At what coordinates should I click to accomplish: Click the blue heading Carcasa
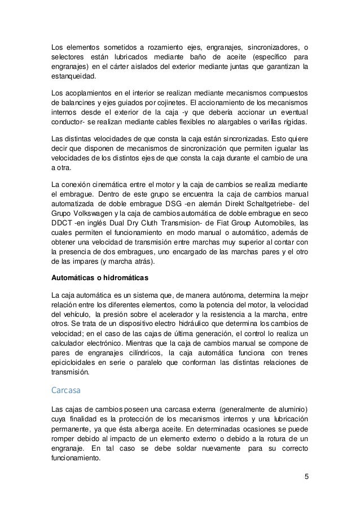(x=67, y=389)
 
